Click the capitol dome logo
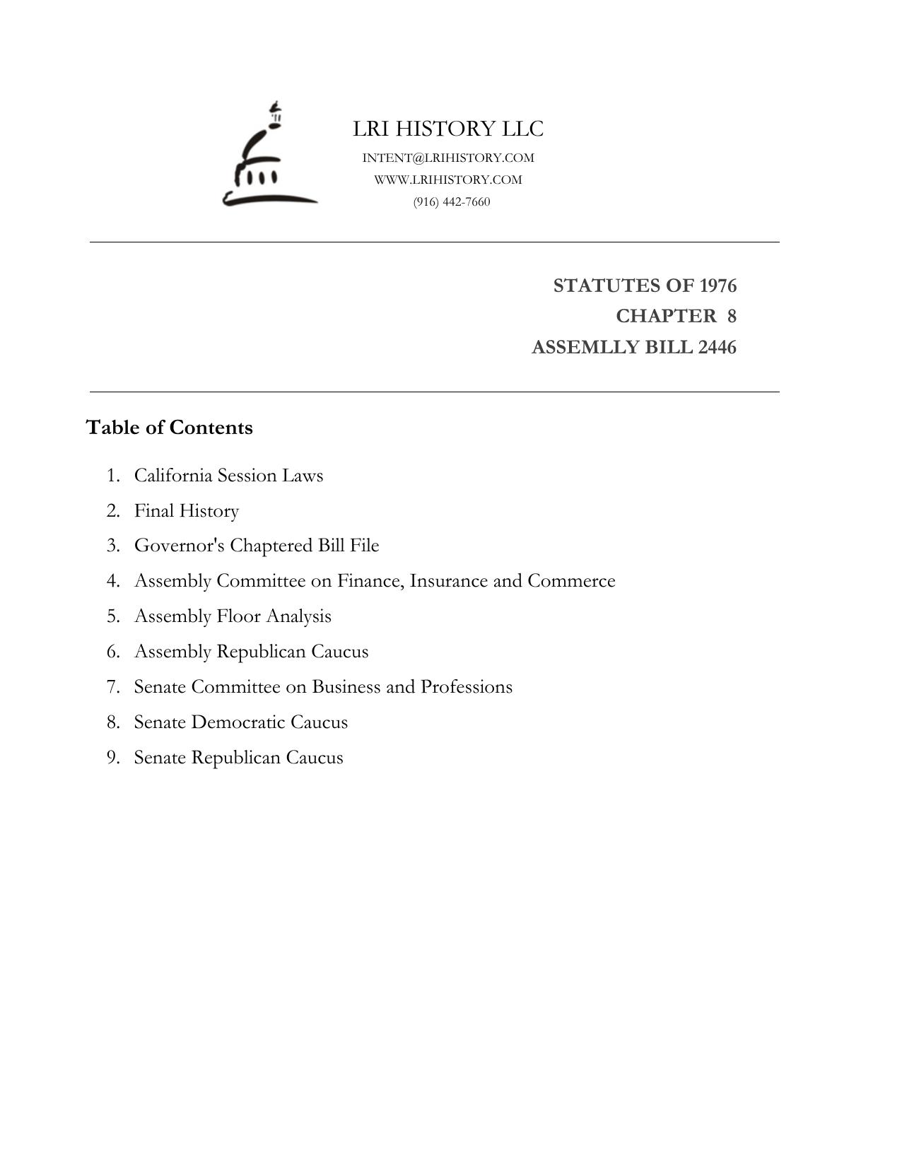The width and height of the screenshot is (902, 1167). click(x=269, y=159)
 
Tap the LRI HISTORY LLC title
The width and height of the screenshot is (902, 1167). click(x=448, y=129)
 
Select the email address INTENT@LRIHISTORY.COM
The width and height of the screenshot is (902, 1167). click(x=448, y=158)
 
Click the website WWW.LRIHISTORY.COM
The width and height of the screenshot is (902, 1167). click(x=448, y=180)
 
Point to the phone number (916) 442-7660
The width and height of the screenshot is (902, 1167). click(x=452, y=202)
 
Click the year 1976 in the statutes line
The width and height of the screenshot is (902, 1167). click(x=717, y=286)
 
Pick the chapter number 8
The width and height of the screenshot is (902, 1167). click(x=732, y=316)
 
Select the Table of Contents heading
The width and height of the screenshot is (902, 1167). click(x=169, y=428)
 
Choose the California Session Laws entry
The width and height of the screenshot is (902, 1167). click(x=228, y=476)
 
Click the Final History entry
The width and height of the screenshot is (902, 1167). click(x=187, y=511)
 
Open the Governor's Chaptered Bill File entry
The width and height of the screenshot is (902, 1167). click(x=257, y=546)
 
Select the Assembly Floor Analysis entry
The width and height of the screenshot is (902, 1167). click(x=233, y=616)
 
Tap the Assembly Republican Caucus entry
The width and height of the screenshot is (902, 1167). click(x=251, y=652)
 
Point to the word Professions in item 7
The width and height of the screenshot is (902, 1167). click(x=467, y=687)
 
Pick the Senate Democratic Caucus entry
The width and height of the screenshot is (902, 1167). click(x=241, y=722)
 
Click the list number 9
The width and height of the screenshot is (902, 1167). click(x=112, y=758)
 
